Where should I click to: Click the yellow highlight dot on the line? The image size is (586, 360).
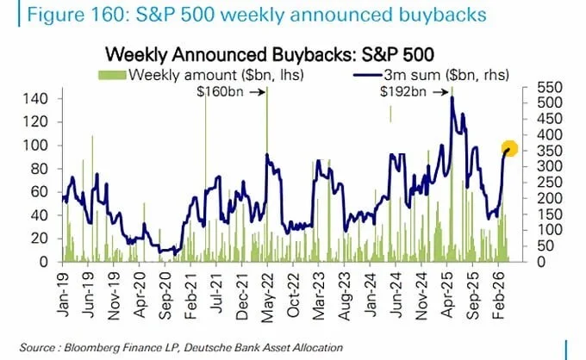[509, 149]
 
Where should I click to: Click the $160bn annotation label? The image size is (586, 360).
[220, 91]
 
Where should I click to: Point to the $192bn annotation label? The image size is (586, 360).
[403, 91]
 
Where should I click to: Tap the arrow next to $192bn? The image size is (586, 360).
[439, 92]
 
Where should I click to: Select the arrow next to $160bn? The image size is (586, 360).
[257, 92]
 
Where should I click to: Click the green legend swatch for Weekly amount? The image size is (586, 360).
[113, 75]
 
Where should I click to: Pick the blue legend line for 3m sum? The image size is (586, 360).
[368, 76]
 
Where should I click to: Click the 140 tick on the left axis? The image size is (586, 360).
[35, 99]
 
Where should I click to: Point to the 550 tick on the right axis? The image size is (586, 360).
[550, 87]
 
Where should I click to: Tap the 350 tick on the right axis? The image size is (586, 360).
[550, 151]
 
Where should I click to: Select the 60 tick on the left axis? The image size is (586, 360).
[40, 192]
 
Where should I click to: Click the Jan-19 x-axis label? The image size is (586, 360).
[63, 295]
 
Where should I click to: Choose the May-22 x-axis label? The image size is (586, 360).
[268, 297]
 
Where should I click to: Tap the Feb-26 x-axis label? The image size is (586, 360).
[498, 295]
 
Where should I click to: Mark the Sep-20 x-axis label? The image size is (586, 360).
[165, 295]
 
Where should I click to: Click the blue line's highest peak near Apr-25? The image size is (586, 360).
[452, 97]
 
